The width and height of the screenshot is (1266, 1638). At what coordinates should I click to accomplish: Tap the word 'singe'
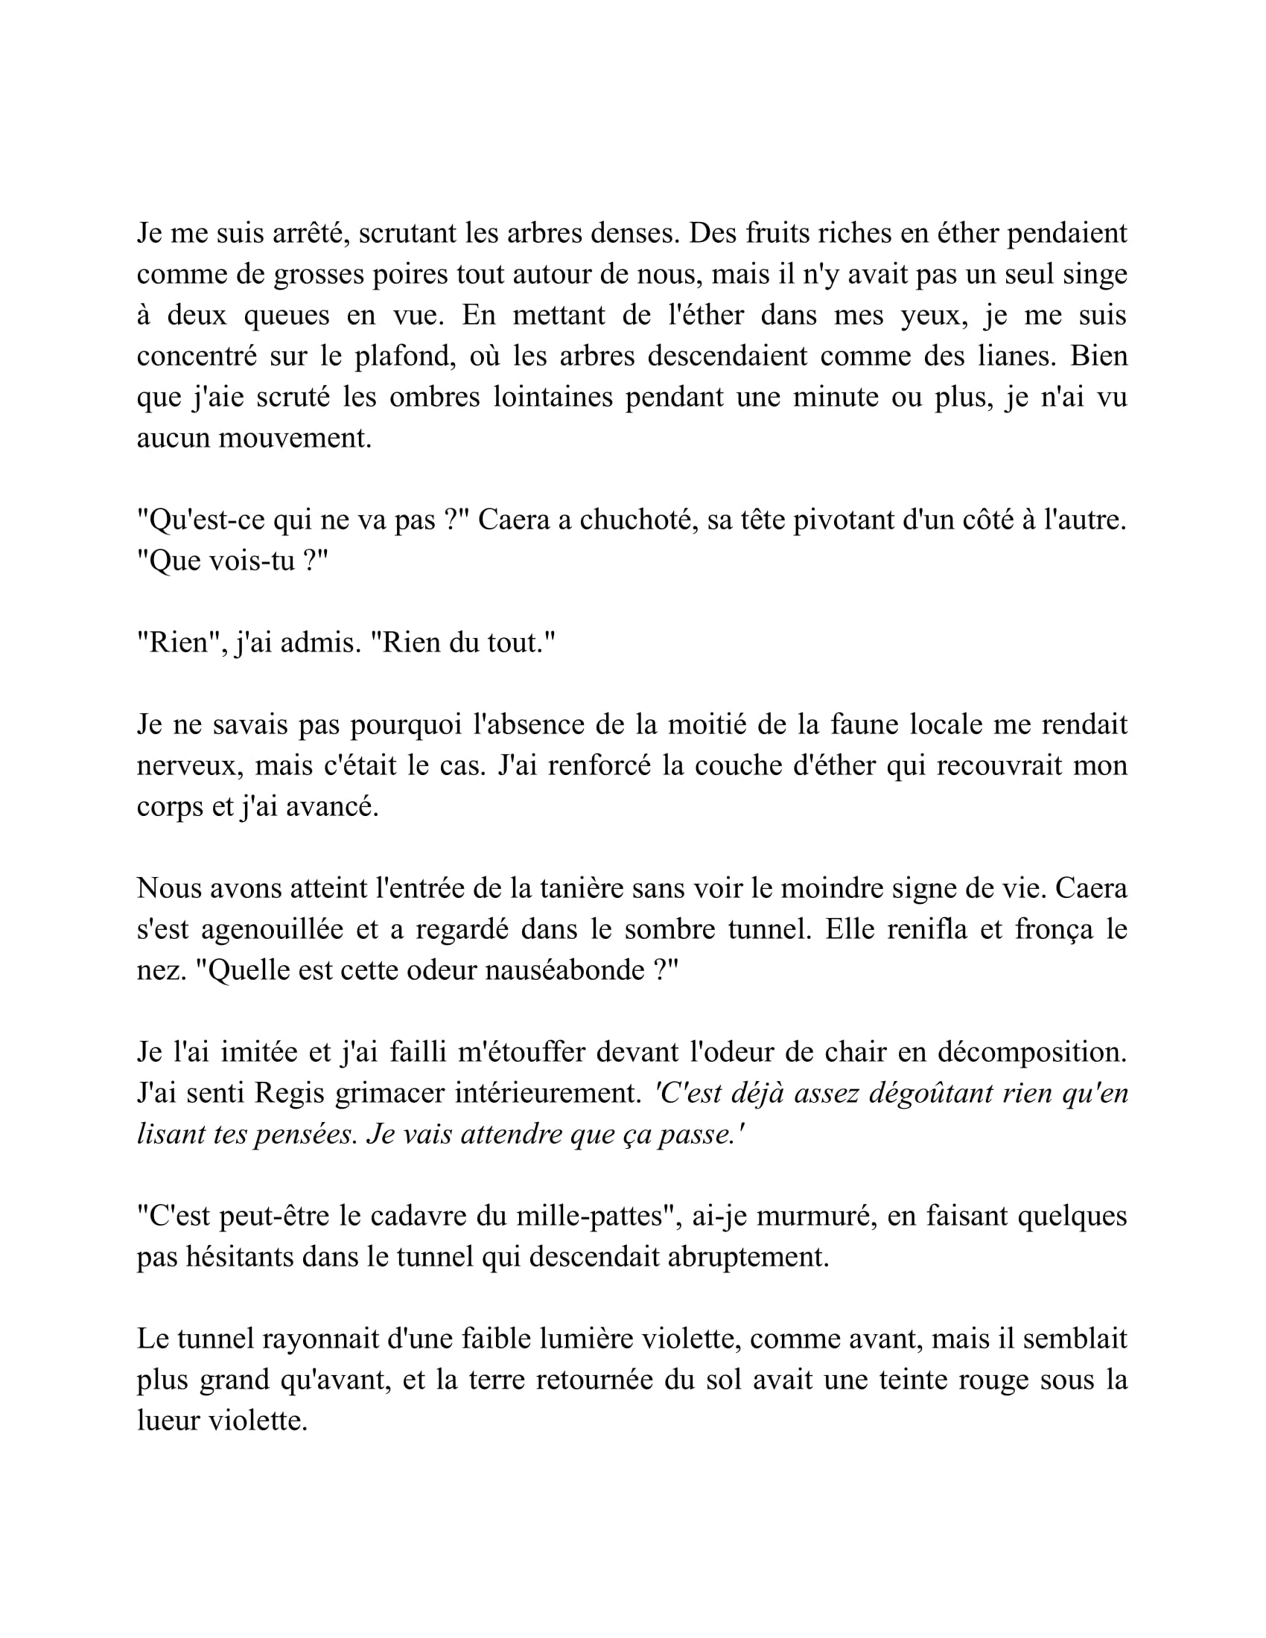tap(1095, 275)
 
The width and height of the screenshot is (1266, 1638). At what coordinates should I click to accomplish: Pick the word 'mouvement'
tap(295, 438)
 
